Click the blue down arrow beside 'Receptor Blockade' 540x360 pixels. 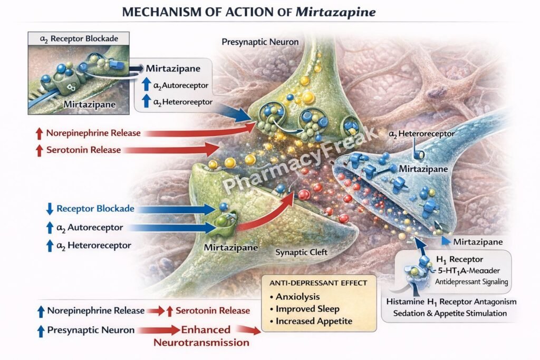coord(50,209)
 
